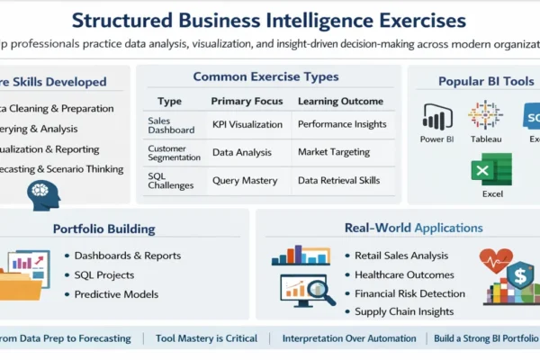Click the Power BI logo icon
(x=436, y=117)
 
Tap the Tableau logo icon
(x=485, y=115)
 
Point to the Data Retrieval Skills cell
(x=338, y=180)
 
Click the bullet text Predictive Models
(x=116, y=293)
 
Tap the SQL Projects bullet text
(x=104, y=274)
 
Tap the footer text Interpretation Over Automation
(x=349, y=338)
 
